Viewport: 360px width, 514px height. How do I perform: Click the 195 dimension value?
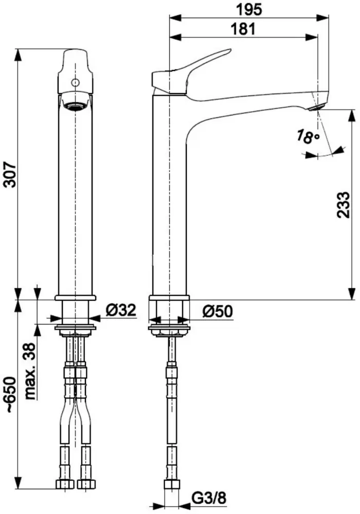click(249, 9)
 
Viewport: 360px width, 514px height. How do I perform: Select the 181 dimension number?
click(243, 29)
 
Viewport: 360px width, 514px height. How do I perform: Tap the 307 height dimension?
click(10, 174)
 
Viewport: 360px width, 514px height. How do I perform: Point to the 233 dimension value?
click(344, 205)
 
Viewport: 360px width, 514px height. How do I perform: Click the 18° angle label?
click(308, 136)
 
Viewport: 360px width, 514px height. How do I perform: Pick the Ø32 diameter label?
click(121, 310)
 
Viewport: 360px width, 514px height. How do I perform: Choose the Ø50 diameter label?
click(218, 311)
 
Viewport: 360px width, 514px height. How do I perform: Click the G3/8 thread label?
click(208, 499)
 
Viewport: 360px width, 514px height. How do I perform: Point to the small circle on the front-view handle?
click(76, 82)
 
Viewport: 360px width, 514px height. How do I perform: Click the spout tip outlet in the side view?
click(317, 108)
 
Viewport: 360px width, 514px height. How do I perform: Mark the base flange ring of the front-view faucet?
click(76, 298)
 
